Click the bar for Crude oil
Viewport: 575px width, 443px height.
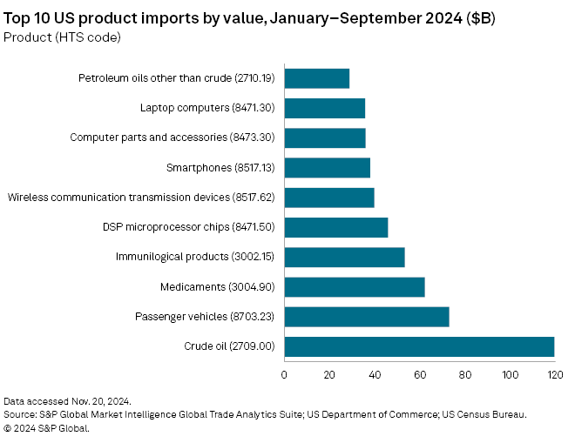pos(419,346)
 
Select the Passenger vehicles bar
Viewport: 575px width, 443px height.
pos(367,317)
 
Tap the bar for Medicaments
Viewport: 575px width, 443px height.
pos(355,287)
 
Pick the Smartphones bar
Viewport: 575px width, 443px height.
pos(328,168)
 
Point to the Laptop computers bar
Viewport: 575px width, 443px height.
pos(325,108)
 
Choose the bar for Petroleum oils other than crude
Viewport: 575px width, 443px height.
pos(317,78)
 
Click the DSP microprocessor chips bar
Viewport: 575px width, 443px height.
pos(336,228)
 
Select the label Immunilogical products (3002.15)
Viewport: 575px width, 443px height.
pos(195,258)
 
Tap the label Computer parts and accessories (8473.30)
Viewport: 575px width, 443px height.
pos(172,138)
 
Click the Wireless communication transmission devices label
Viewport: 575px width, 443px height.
pos(141,198)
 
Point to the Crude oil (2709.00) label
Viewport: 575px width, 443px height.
pos(229,346)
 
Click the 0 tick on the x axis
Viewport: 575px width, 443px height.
pos(285,375)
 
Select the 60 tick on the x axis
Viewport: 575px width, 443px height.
pos(420,375)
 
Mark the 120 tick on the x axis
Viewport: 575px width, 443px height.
pos(554,375)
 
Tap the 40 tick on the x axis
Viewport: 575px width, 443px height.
pos(375,375)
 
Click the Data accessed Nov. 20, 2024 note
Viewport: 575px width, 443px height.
pos(68,401)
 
